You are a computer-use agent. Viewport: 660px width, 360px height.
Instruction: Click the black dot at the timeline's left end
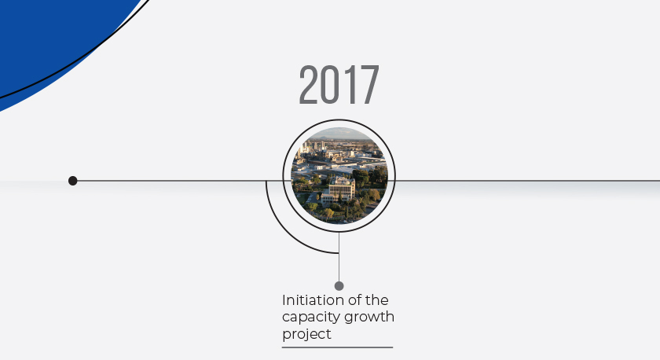click(x=73, y=181)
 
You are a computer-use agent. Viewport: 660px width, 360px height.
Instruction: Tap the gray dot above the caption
click(x=339, y=286)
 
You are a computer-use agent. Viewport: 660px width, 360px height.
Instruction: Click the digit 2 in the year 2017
click(x=309, y=84)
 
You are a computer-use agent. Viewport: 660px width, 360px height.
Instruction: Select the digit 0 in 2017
click(x=328, y=84)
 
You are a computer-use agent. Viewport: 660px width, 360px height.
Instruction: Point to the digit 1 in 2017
click(x=346, y=84)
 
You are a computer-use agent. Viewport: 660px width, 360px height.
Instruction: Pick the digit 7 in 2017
click(x=368, y=84)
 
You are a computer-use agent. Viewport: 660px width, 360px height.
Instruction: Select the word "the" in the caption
click(x=376, y=300)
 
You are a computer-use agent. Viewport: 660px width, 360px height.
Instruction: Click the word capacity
click(x=312, y=318)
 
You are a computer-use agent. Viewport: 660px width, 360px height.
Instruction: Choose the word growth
click(x=370, y=318)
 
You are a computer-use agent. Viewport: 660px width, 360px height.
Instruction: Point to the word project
click(x=307, y=334)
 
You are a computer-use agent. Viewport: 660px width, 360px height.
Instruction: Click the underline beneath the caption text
click(x=338, y=347)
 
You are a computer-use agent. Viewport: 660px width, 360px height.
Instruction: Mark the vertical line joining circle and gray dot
click(x=339, y=257)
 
